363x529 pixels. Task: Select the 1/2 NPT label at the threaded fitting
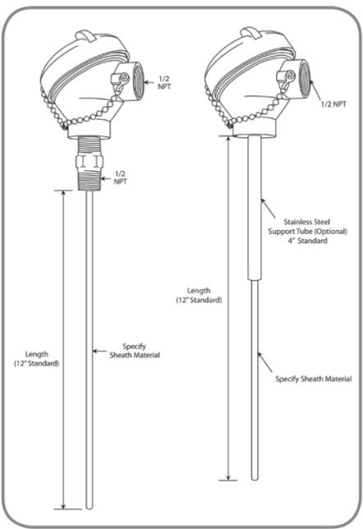coord(120,177)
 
